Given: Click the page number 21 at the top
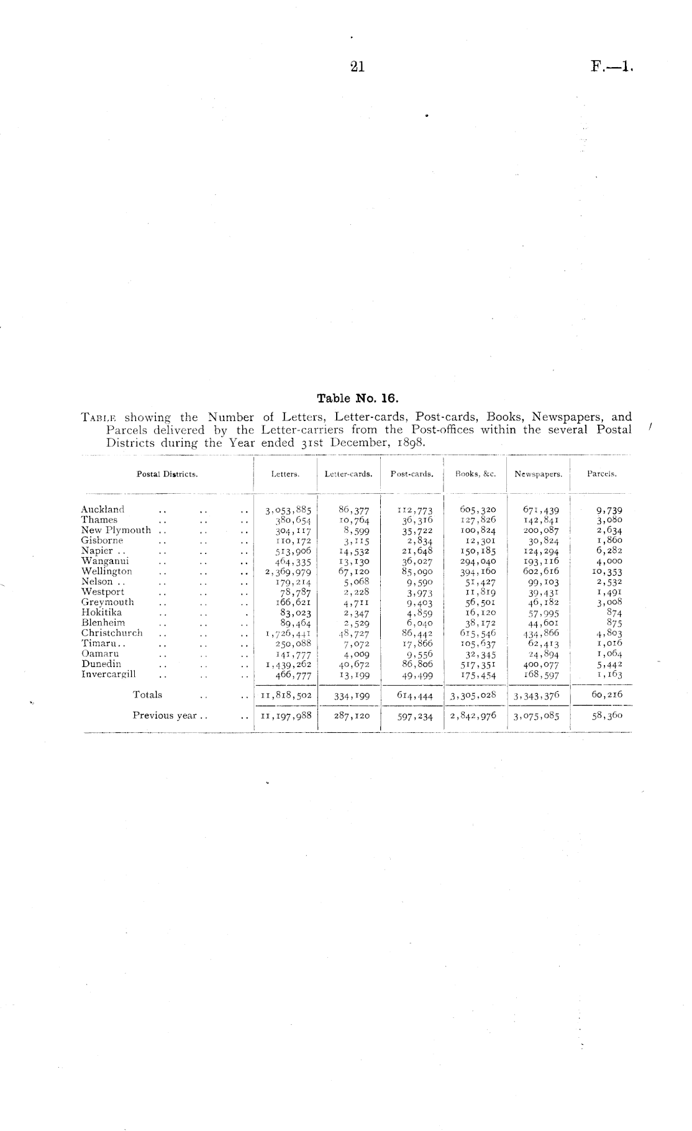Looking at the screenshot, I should (x=357, y=66).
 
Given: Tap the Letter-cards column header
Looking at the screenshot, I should (x=348, y=474).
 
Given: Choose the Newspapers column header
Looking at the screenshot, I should (x=538, y=474).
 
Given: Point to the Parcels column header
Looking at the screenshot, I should (x=601, y=473).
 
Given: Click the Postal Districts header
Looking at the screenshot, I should (x=167, y=474).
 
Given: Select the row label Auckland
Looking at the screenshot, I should (x=103, y=509).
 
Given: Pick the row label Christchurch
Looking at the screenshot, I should (x=112, y=633).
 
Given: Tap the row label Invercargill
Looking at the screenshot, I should (x=109, y=674).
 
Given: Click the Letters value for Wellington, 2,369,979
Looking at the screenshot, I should (x=288, y=571).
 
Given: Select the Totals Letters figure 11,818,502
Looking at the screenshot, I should (x=285, y=696).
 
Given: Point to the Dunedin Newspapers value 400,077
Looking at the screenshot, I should (x=540, y=665).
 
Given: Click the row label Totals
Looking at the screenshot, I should (x=148, y=695).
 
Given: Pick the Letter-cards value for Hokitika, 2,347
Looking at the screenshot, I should (x=357, y=613).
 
